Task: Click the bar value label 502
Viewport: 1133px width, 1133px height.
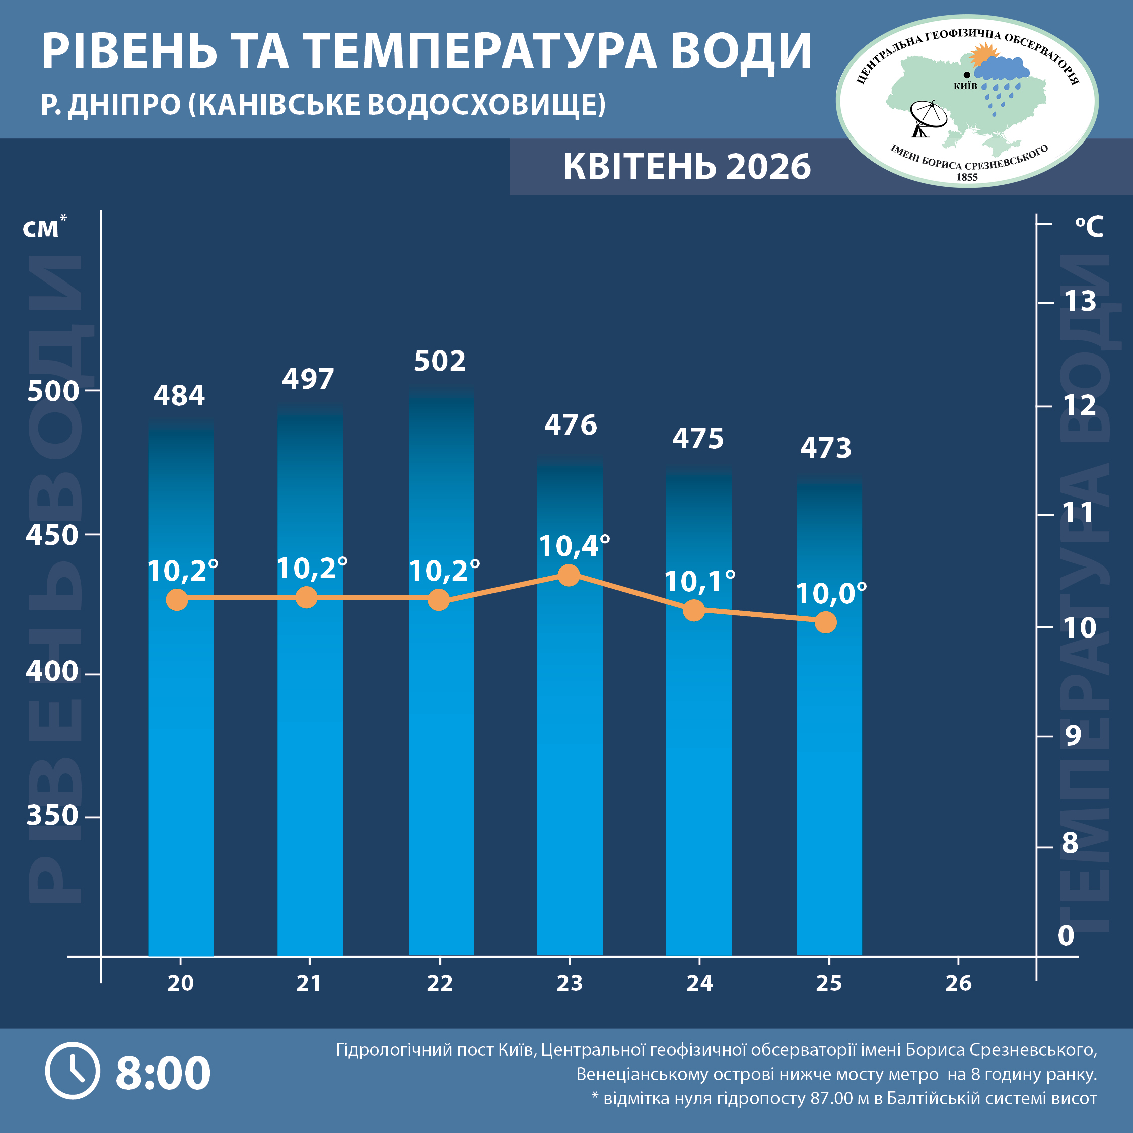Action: (x=440, y=361)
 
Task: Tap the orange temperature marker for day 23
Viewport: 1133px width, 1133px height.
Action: (x=568, y=575)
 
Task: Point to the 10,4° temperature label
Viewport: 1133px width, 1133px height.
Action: (x=574, y=546)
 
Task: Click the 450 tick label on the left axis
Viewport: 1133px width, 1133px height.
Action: (x=51, y=535)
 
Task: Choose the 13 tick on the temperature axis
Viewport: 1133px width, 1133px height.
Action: (x=1080, y=302)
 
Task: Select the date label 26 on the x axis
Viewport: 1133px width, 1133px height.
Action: (x=958, y=983)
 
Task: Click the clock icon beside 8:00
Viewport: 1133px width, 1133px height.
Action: (x=73, y=1071)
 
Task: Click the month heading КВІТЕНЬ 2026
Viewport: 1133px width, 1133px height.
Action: (x=687, y=167)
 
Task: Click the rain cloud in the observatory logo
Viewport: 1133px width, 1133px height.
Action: (x=1002, y=70)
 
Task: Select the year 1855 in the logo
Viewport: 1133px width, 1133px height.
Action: (x=967, y=177)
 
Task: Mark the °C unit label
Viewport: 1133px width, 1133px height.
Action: (x=1089, y=227)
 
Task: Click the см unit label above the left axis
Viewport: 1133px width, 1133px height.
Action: (x=41, y=229)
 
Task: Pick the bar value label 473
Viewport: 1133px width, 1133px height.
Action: (x=826, y=448)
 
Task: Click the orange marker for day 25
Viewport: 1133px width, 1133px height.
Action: (x=826, y=622)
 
